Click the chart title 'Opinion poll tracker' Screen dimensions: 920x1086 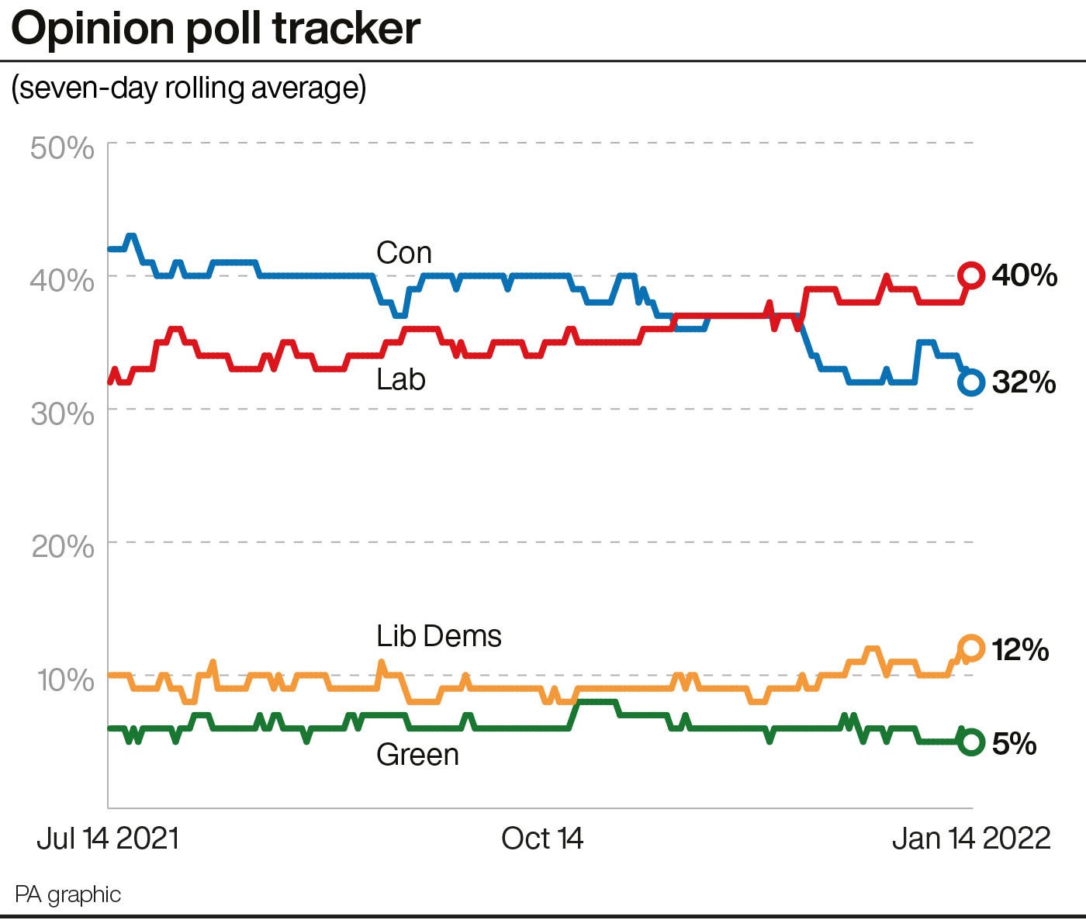pos(216,29)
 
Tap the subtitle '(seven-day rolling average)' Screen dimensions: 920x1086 pos(188,88)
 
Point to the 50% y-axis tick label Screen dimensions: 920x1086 pos(63,147)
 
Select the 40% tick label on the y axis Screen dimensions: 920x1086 pos(63,279)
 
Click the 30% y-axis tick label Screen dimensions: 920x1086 pos(63,413)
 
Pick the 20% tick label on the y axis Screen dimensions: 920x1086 pos(63,547)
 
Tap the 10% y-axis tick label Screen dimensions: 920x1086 pos(65,680)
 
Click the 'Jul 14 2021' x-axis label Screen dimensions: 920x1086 pos(108,839)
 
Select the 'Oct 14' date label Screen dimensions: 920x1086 pos(542,839)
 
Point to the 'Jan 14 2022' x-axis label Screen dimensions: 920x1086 pos(971,839)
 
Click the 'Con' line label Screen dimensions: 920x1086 pos(403,253)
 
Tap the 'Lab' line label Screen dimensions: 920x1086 pos(401,379)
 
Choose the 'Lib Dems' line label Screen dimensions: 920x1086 pos(439,636)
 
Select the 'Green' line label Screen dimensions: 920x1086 pos(417,755)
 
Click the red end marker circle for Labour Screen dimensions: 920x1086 pos(971,275)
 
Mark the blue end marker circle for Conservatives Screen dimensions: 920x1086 pos(971,382)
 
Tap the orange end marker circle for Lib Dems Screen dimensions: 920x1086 pos(971,648)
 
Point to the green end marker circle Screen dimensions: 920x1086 pos(971,742)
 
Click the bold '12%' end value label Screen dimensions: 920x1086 pos(1020,650)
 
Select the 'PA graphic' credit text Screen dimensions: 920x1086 pos(68,894)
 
